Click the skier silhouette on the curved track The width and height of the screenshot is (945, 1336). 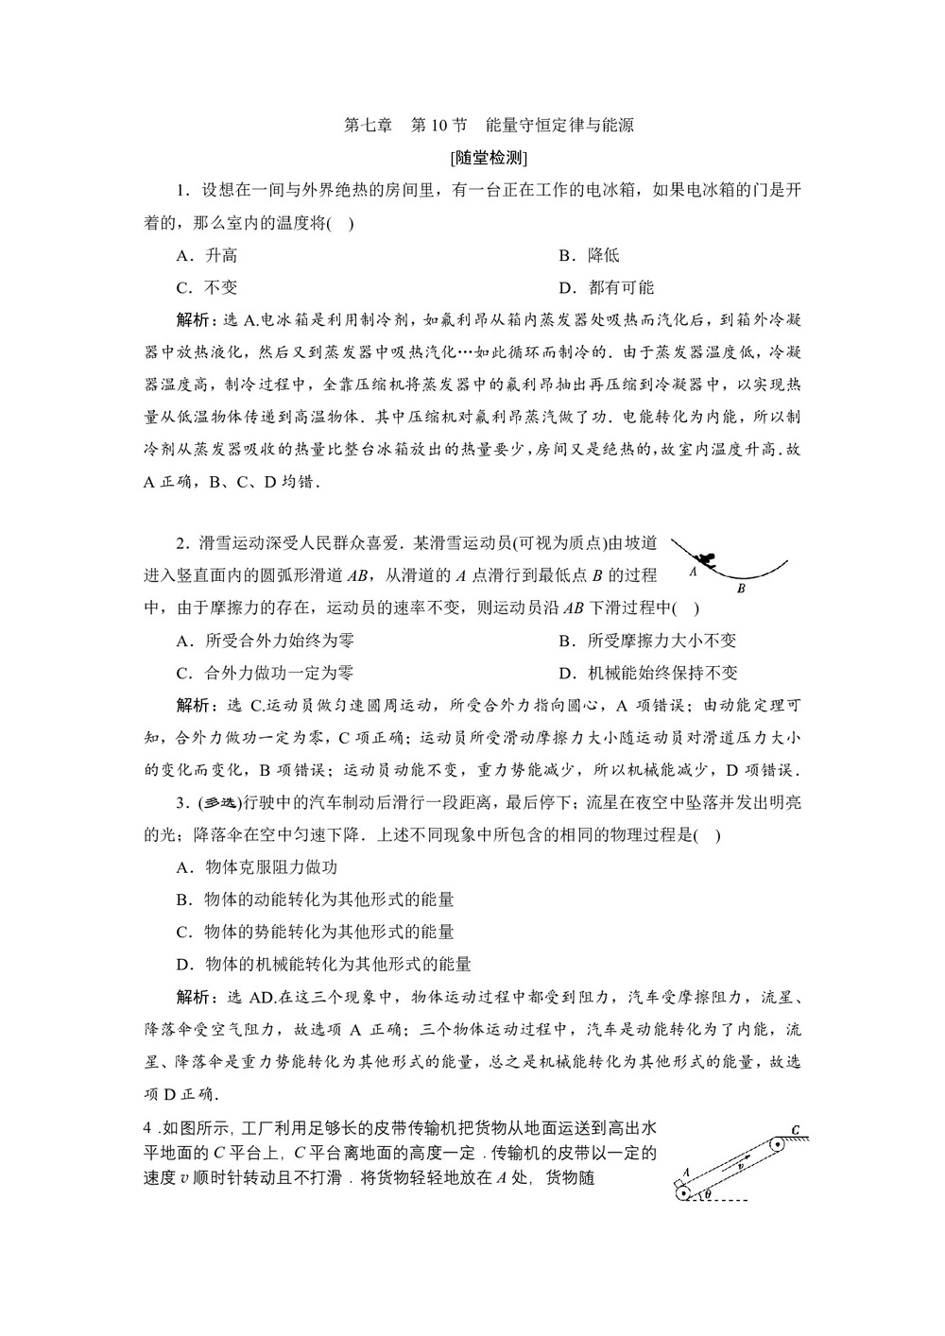tap(710, 560)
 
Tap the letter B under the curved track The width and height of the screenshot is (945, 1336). tap(741, 587)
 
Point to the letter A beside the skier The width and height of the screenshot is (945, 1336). tap(693, 571)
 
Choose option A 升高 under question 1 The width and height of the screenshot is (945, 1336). tap(208, 255)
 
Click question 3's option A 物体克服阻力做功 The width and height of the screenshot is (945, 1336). tap(257, 867)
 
